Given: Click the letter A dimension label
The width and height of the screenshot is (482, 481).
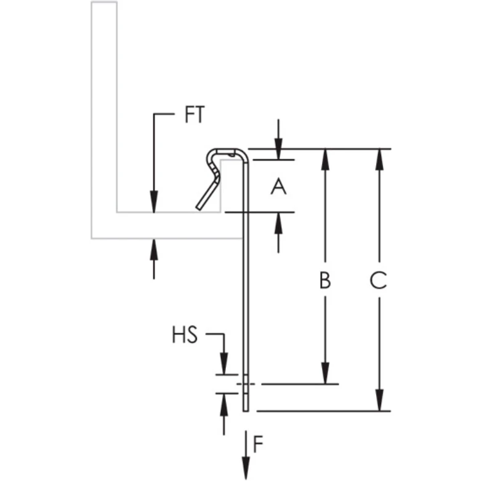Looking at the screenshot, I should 278,186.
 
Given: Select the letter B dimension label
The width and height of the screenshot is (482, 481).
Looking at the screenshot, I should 325,281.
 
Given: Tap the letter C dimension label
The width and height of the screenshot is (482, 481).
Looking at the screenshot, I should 379,281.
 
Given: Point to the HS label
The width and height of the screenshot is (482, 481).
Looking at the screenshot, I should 185,336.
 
